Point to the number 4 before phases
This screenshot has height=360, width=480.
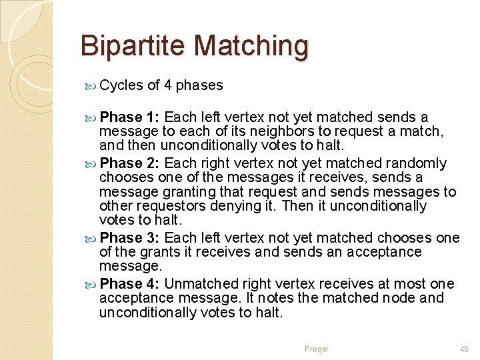pyautogui.click(x=168, y=85)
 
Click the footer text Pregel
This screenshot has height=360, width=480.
pyautogui.click(x=316, y=349)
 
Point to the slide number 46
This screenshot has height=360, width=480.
pyautogui.click(x=464, y=349)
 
